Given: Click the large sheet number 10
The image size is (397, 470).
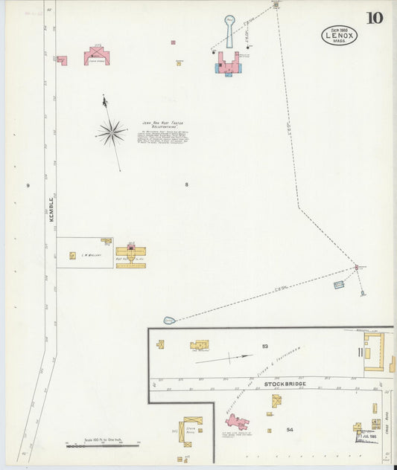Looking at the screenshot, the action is (x=375, y=18).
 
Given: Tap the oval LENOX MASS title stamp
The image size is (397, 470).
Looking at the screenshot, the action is (x=339, y=35).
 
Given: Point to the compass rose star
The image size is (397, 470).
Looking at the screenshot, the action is (x=111, y=133).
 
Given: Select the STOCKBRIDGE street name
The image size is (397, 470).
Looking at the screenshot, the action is (x=285, y=384).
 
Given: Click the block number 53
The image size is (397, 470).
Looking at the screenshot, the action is (x=264, y=347).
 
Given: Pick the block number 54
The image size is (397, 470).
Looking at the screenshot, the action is (x=290, y=429).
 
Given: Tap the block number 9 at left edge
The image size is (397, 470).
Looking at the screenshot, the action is (x=28, y=184).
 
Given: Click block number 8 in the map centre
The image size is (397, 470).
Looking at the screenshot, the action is (x=187, y=184).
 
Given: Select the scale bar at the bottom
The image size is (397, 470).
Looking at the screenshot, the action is (x=102, y=445).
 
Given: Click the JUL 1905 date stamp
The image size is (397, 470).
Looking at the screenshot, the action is (x=365, y=435).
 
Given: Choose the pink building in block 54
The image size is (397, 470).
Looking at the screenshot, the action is (x=237, y=422).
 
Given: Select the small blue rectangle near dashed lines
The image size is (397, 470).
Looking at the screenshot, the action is (x=339, y=284).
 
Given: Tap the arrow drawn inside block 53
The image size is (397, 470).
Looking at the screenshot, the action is (x=224, y=358).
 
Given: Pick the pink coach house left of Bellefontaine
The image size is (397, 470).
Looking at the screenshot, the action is (x=97, y=56).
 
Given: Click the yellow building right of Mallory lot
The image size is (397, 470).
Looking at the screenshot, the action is (x=130, y=254).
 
